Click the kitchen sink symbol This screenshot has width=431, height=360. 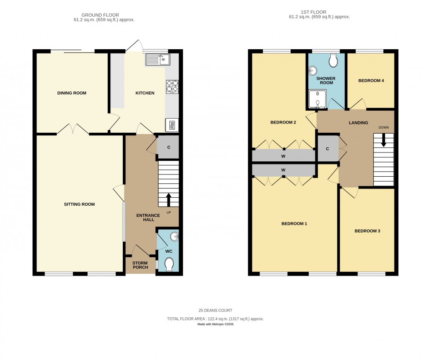[x=158, y=59]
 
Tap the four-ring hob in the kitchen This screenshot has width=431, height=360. [x=172, y=87]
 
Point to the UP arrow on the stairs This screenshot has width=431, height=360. [x=169, y=200]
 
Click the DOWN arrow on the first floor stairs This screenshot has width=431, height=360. [x=384, y=140]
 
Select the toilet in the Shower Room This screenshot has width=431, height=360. [x=333, y=61]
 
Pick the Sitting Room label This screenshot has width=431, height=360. [x=79, y=204]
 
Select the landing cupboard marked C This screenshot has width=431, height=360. [x=327, y=149]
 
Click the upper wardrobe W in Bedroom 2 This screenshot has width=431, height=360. [x=283, y=156]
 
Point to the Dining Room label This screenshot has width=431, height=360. [x=72, y=93]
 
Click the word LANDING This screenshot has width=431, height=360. [x=358, y=123]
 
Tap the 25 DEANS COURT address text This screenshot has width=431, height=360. [x=215, y=310]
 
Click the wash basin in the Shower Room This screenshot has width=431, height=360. [x=313, y=70]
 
